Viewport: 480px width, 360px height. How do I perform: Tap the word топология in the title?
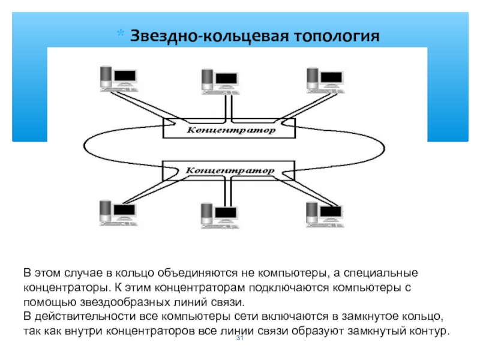click(x=337, y=35)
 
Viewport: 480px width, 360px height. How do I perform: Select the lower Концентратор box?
click(x=229, y=170)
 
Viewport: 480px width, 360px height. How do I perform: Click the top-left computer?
click(x=117, y=78)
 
